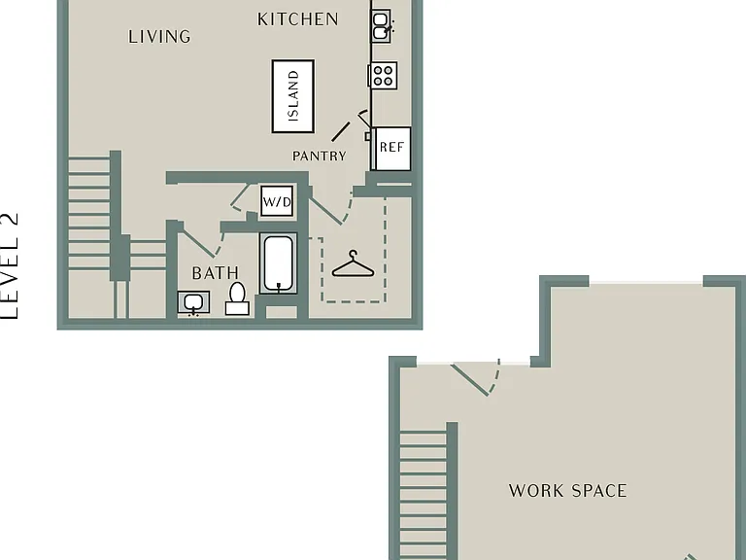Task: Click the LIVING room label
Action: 159,37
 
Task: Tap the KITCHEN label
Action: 298,19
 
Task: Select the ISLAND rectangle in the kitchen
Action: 293,96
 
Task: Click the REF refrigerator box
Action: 391,148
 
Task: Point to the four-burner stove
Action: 383,75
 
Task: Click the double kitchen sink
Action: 381,25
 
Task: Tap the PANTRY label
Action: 320,157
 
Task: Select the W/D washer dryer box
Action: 277,202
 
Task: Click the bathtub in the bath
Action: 279,263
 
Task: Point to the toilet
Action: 237,298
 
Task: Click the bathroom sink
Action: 193,303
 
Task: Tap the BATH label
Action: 215,273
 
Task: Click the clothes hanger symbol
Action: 353,264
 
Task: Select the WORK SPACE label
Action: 567,491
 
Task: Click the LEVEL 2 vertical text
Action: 10,265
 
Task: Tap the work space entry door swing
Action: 476,377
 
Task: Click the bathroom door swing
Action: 203,244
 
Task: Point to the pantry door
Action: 341,131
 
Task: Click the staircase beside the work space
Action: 424,495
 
